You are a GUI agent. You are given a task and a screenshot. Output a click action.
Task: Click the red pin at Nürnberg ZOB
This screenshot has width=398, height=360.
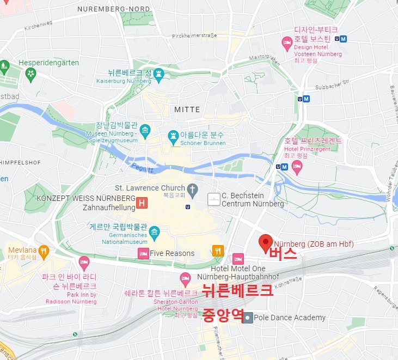coord(266,242)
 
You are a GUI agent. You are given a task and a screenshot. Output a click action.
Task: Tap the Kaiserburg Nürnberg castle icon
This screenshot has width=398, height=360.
coord(158,73)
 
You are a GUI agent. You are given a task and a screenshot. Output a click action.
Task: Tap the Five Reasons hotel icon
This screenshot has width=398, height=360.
coord(143,253)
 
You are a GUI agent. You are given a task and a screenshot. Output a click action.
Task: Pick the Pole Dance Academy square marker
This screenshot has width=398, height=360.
coord(248,318)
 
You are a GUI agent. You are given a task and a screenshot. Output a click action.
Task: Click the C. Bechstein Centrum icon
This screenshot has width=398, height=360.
coord(214,199)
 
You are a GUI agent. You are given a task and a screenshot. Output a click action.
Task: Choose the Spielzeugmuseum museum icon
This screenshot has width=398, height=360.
coord(145,130)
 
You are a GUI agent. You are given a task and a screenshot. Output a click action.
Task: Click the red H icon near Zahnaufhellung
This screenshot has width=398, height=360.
coord(142,203)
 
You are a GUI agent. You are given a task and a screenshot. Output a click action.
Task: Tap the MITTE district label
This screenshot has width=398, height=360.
coord(187,109)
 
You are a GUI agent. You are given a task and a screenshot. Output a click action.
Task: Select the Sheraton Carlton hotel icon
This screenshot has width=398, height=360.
coord(185,278)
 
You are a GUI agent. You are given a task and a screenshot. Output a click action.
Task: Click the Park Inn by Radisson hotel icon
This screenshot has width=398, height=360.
coord(84,262)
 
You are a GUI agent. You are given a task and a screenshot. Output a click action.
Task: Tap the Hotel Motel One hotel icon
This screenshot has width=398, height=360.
coord(238,259)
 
